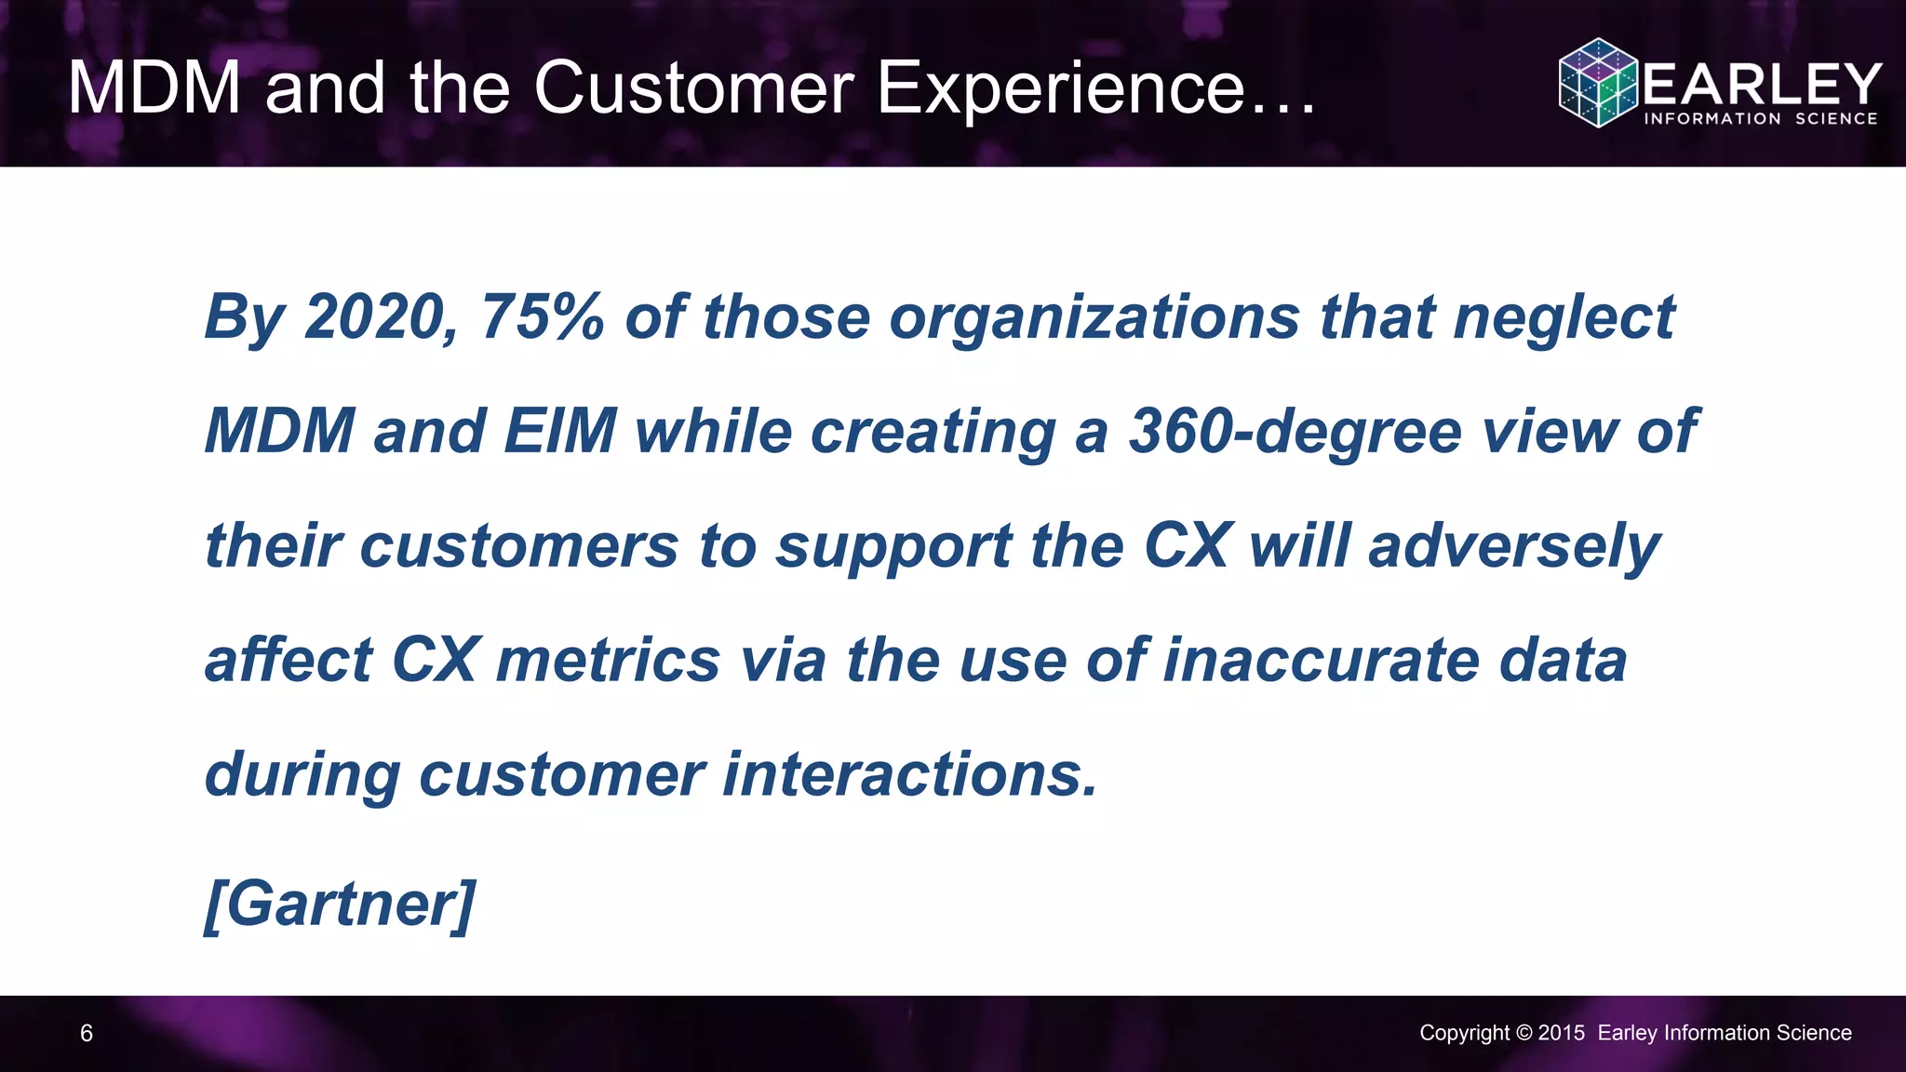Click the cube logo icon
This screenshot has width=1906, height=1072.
tap(1598, 83)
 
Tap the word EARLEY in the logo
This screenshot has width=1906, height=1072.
tap(1762, 84)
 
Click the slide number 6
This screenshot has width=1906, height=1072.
tap(87, 1033)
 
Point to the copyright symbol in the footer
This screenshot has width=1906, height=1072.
tap(1523, 1033)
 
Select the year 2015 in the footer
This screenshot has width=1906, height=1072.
tap(1561, 1033)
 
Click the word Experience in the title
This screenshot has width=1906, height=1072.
tap(1061, 88)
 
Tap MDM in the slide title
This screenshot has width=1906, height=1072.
tap(154, 88)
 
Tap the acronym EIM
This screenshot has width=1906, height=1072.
tap(559, 432)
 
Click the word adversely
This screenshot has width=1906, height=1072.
tap(1514, 547)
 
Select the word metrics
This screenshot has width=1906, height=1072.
tap(609, 661)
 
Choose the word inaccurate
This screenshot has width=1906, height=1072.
tap(1322, 661)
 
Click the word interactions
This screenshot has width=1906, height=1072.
tap(910, 774)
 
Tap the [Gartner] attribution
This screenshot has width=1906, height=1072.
tap(341, 904)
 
